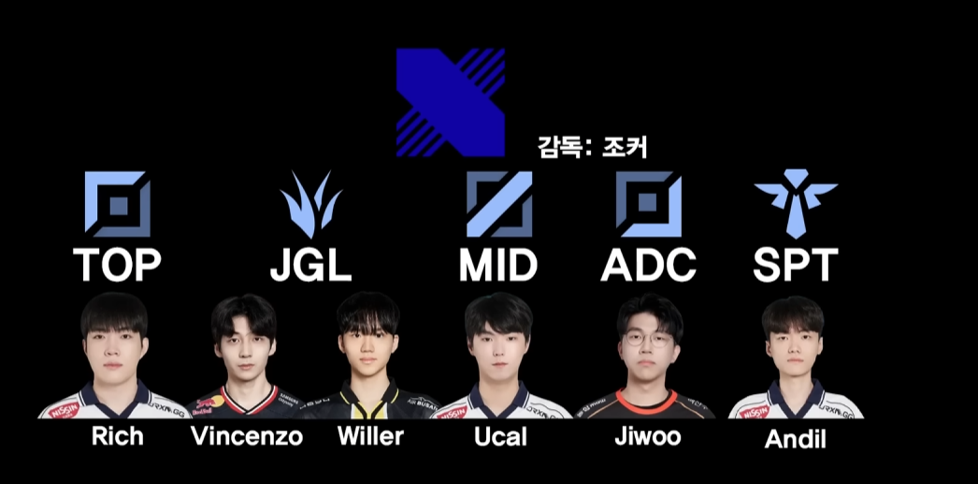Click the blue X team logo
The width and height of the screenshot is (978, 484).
[451, 102]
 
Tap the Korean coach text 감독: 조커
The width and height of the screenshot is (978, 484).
[593, 146]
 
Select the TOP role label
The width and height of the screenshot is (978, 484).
[118, 266]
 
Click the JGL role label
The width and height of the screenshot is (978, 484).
[310, 266]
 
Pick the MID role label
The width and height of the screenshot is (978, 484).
[498, 266]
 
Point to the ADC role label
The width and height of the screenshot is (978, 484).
[648, 266]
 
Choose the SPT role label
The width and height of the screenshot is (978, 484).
[796, 266]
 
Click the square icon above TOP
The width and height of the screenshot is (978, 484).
[118, 203]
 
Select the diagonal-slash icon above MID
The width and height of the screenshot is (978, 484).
[499, 203]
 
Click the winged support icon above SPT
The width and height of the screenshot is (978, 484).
[796, 202]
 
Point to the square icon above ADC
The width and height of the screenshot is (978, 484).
[648, 203]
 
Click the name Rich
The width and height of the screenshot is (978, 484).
[118, 435]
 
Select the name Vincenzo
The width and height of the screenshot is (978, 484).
[247, 436]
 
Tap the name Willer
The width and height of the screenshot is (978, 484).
[370, 436]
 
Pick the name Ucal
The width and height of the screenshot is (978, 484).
[501, 436]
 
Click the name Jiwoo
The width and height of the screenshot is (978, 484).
[648, 436]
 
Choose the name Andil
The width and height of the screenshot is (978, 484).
[796, 439]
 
